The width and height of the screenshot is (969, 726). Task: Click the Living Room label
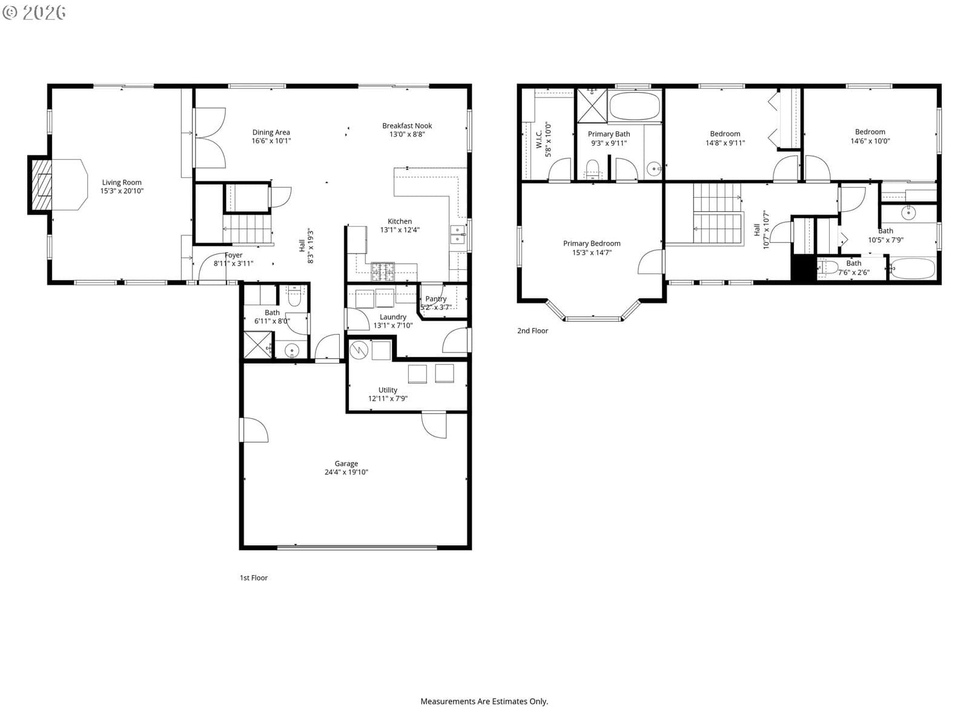coord(121,183)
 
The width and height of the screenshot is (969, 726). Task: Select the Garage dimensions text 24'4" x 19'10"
coord(346,472)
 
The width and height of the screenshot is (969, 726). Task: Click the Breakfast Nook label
coord(406,126)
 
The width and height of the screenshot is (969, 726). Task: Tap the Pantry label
coord(435,299)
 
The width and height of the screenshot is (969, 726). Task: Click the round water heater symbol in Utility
coord(359,351)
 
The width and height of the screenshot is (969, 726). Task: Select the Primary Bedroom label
coord(592,243)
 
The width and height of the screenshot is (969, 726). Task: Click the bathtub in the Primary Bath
coord(634,106)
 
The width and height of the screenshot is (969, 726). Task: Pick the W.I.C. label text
coord(539,139)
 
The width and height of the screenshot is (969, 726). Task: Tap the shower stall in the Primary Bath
coord(592,106)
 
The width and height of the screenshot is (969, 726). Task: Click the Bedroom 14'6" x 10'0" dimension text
coord(870,141)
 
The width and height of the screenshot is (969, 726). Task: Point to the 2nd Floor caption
coord(532,330)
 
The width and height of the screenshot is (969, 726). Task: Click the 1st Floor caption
coord(253,577)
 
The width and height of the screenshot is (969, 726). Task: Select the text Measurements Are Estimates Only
coord(484,701)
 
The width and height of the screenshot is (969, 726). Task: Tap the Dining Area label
coord(271,132)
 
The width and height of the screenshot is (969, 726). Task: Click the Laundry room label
coord(393,317)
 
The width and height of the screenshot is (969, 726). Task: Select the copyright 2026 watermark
coord(34,12)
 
